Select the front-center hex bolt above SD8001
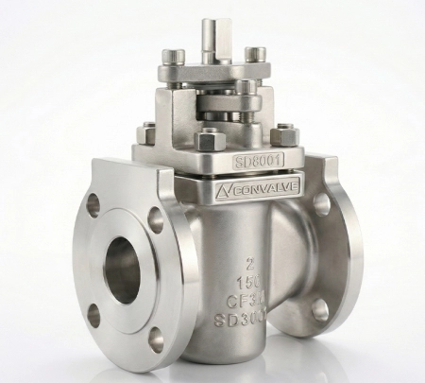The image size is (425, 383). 208,139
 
